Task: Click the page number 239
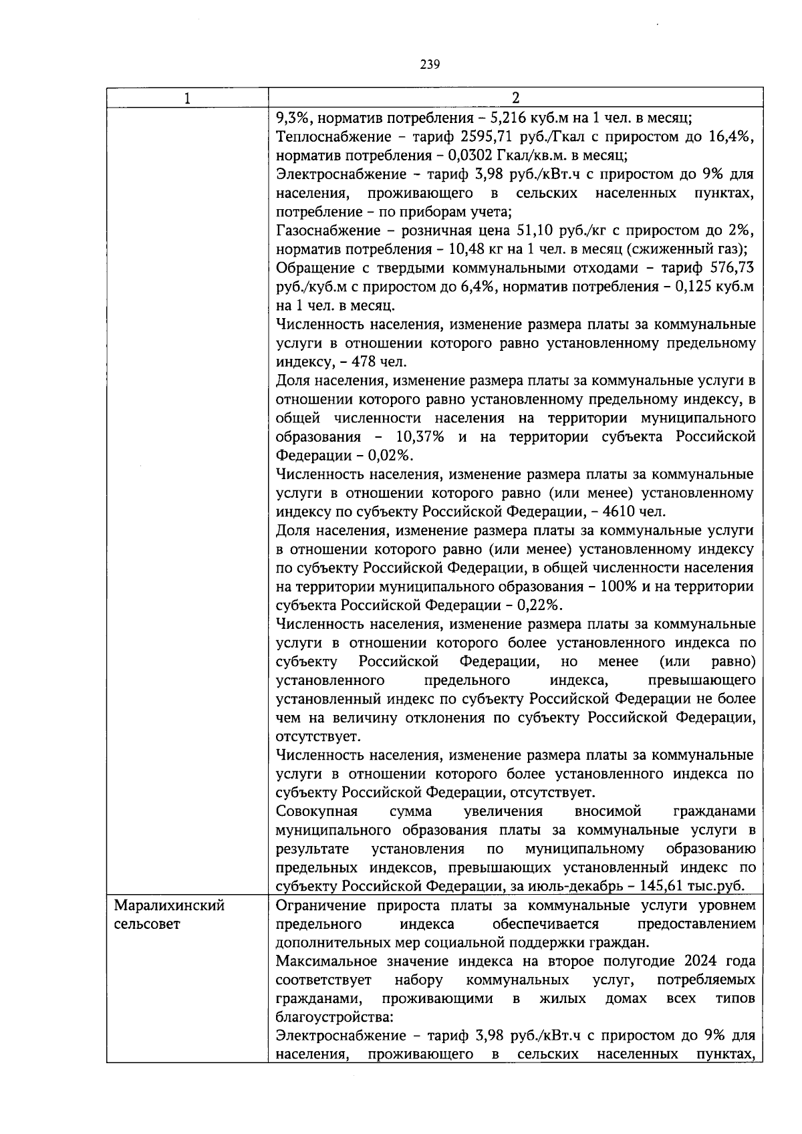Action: (430, 65)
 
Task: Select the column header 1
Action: (187, 98)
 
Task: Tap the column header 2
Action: (515, 98)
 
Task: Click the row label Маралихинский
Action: (169, 906)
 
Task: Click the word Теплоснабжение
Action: (325, 137)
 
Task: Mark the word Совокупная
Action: (317, 811)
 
